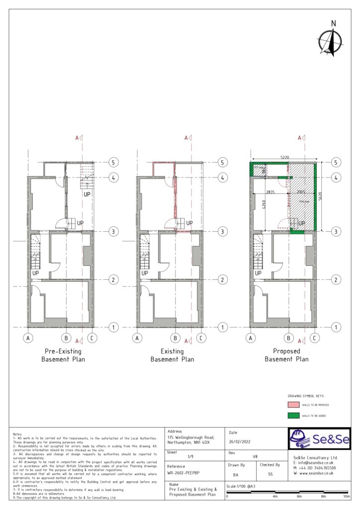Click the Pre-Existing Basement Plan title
click(x=63, y=355)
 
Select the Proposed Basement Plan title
click(x=286, y=355)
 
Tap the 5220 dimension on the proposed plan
click(x=284, y=158)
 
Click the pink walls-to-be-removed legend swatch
click(x=293, y=405)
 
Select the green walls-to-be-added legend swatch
click(x=293, y=416)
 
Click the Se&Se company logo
click(x=319, y=439)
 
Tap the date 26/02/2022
click(x=240, y=441)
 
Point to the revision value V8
click(x=255, y=456)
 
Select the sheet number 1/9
click(x=190, y=456)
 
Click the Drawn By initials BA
click(x=235, y=475)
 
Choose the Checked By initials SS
click(x=270, y=475)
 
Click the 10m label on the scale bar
click(x=347, y=497)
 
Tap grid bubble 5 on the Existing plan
click(x=222, y=163)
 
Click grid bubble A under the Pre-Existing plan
click(x=28, y=339)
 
